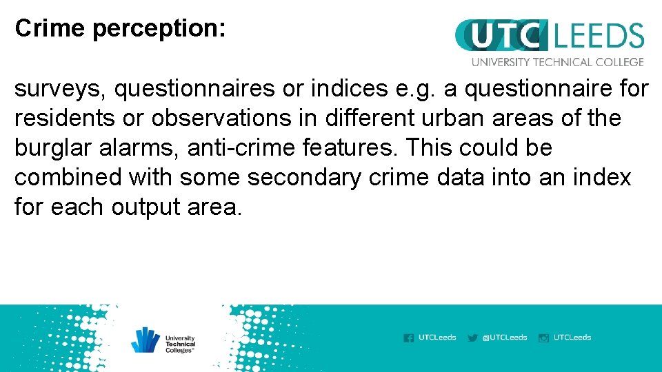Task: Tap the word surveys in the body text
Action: pos(59,90)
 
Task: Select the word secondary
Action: pos(304,178)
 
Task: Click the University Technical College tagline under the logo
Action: pos(557,62)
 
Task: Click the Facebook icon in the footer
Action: pos(409,338)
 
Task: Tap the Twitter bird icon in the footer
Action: pos(472,338)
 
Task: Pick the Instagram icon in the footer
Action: pos(543,338)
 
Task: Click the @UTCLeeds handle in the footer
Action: pos(505,338)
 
